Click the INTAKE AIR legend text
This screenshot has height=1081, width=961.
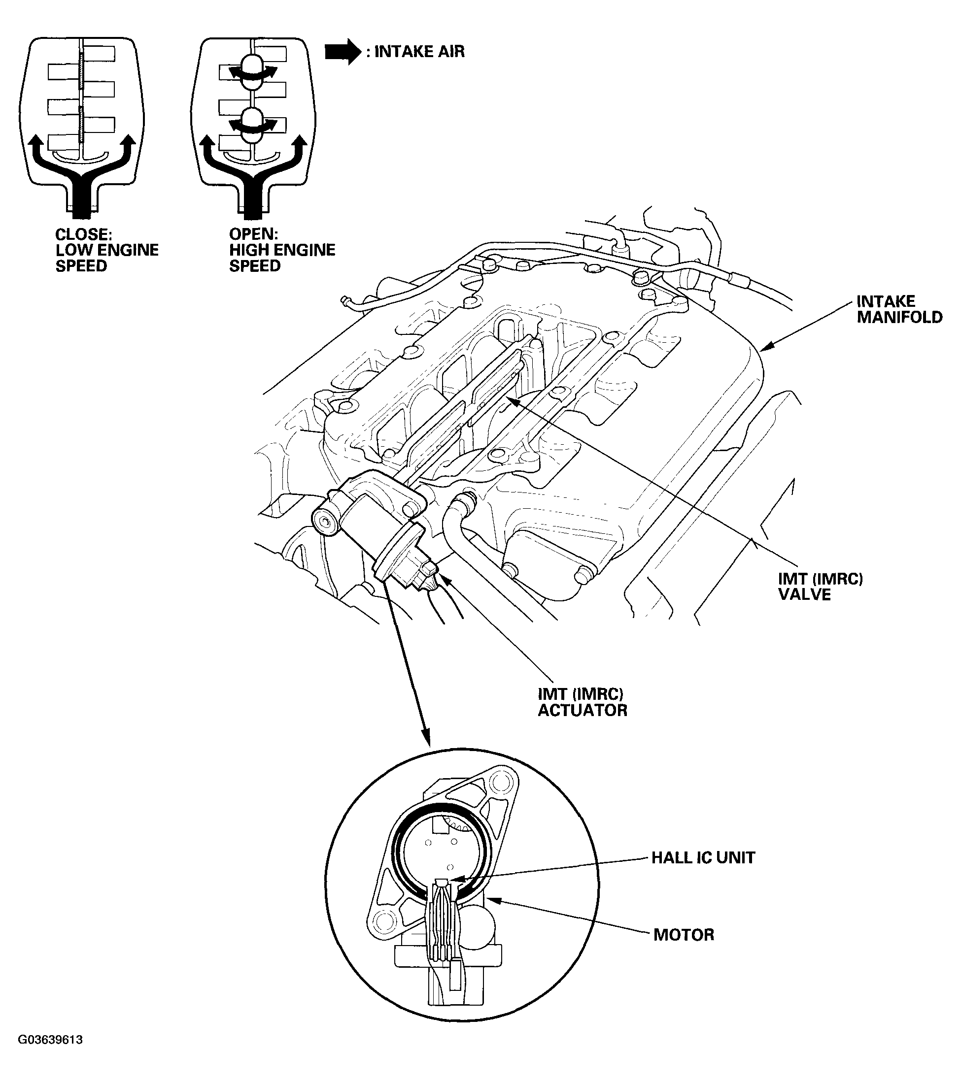(419, 52)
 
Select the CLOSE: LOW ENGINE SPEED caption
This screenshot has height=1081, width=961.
(106, 250)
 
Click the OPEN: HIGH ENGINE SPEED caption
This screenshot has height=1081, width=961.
(281, 250)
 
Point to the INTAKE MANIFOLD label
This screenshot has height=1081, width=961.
(899, 309)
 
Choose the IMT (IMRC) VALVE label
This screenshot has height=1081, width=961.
(820, 587)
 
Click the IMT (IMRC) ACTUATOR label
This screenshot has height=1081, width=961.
(582, 702)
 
